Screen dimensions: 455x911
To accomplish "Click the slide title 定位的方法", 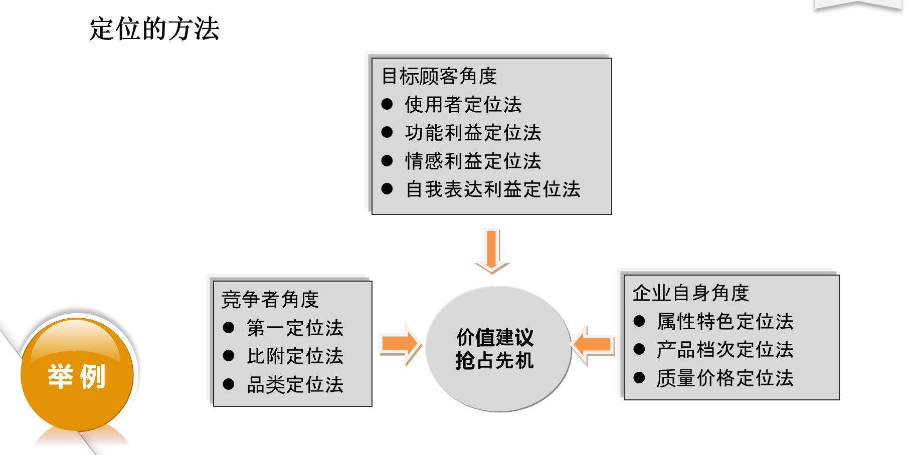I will pyautogui.click(x=154, y=29).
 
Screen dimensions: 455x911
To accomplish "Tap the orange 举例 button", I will pyautogui.click(x=77, y=376).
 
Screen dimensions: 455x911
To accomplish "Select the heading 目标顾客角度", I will pyautogui.click(x=439, y=76).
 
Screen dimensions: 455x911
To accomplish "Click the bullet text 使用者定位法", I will pyautogui.click(x=463, y=105).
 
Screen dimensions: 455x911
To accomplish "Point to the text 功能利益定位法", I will pyautogui.click(x=473, y=133).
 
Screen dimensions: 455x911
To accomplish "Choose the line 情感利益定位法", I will pyautogui.click(x=473, y=161).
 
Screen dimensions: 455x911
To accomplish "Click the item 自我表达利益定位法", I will pyautogui.click(x=493, y=189).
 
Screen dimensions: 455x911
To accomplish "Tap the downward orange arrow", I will pyautogui.click(x=492, y=251).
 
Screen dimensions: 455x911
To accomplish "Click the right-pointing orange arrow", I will pyautogui.click(x=400, y=344).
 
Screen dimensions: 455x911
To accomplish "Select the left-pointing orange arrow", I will pyautogui.click(x=593, y=345).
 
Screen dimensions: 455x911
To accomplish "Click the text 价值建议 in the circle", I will pyautogui.click(x=495, y=337).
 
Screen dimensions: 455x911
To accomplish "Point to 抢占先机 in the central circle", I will pyautogui.click(x=495, y=360).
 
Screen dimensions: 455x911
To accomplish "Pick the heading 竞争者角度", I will pyautogui.click(x=270, y=300).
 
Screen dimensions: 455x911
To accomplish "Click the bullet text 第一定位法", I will pyautogui.click(x=295, y=328).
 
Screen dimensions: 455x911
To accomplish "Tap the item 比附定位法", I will pyautogui.click(x=295, y=356).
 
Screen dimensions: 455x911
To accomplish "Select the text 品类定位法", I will pyautogui.click(x=295, y=385).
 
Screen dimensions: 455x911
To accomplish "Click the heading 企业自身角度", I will pyautogui.click(x=690, y=293).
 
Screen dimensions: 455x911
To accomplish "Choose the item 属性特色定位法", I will pyautogui.click(x=725, y=322).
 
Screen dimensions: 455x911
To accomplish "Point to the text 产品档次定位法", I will pyautogui.click(x=725, y=350).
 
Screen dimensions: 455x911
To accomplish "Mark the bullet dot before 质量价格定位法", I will pyautogui.click(x=639, y=378).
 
